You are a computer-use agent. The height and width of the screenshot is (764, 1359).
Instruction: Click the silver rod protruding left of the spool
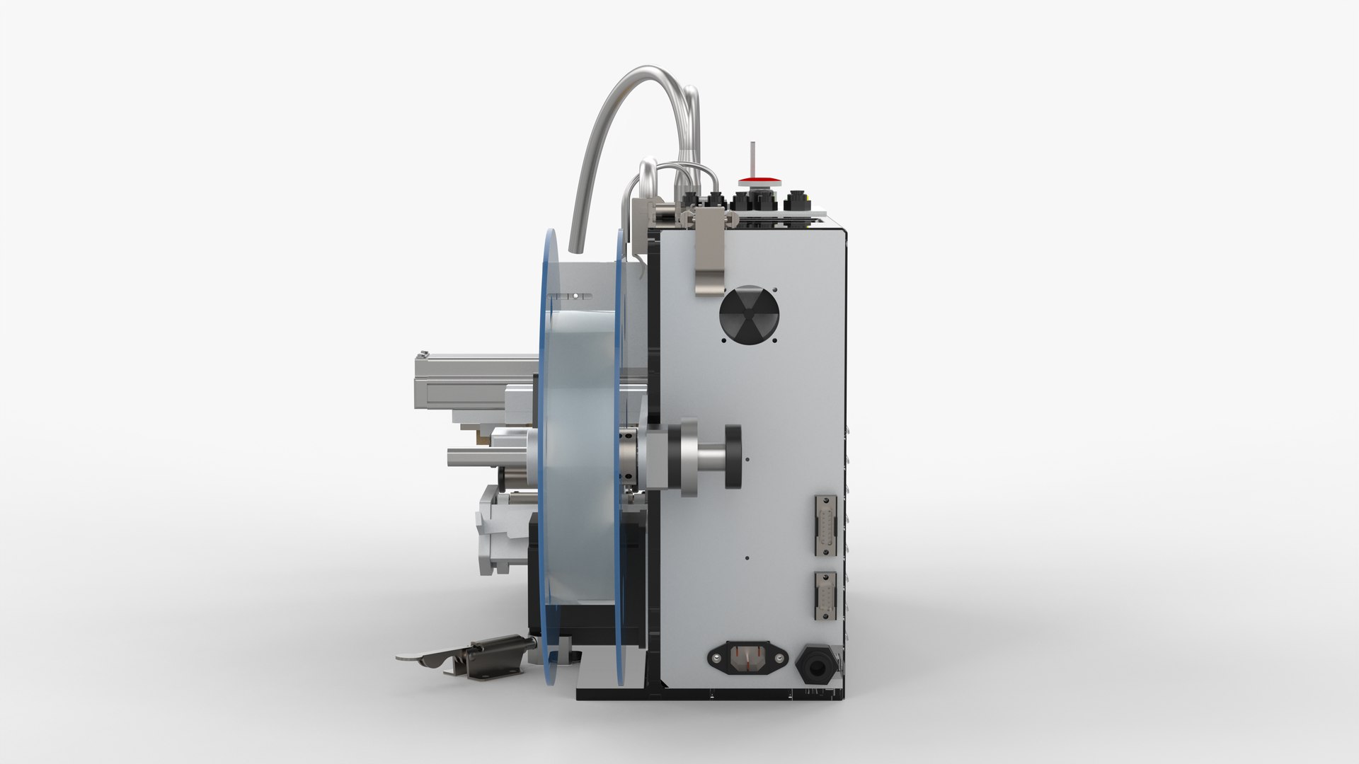pos(470,457)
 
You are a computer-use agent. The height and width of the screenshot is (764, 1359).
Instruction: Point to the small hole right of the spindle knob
pos(748,461)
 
